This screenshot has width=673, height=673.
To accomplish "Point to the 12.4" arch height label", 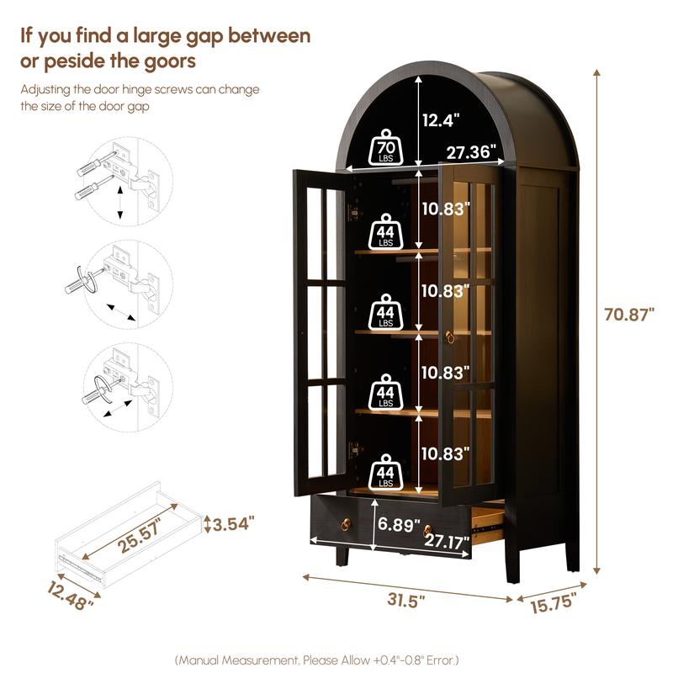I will pyautogui.click(x=441, y=120).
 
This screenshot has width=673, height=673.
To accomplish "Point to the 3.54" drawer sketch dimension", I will pyautogui.click(x=233, y=523).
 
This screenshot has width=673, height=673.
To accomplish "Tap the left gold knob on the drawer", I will pyautogui.click(x=346, y=524).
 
